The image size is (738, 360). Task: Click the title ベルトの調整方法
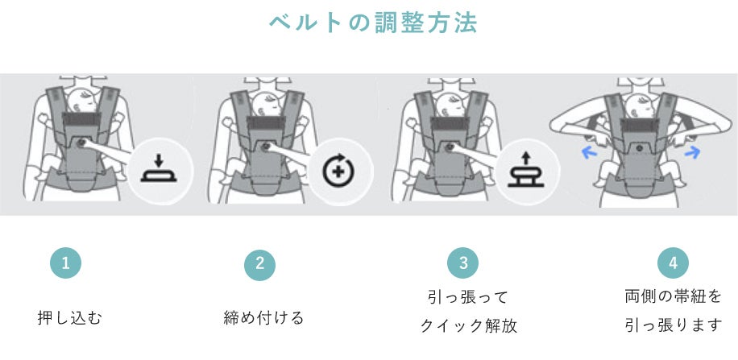373,23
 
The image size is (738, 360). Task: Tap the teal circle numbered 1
66,263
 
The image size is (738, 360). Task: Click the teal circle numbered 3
463,263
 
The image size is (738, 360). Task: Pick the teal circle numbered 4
673,263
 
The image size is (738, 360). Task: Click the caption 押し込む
69,318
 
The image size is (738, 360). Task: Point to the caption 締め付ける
263,318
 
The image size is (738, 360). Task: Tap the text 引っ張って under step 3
468,297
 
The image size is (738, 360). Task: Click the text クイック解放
468,325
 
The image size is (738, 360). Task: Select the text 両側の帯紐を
673,296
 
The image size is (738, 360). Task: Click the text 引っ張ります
674,325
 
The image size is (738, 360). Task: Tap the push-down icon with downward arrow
159,169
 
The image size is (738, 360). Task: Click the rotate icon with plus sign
338,171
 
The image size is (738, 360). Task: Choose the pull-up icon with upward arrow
526,171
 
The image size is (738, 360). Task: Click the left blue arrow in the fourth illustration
589,152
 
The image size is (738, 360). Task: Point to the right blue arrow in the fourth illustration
692,152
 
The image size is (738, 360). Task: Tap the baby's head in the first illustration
81,99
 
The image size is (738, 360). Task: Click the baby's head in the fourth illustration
639,105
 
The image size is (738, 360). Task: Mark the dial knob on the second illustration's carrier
265,147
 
